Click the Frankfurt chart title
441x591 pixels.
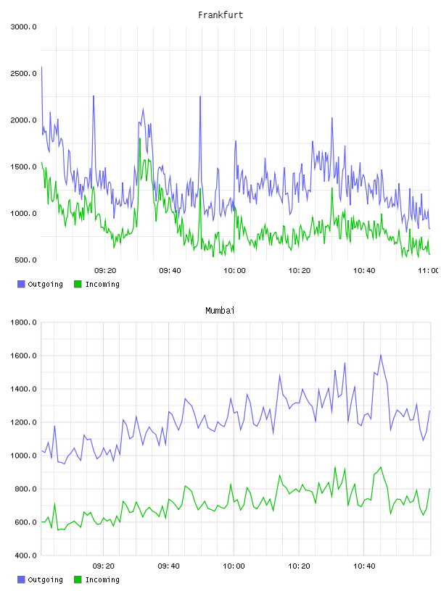point(220,14)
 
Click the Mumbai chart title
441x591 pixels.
point(220,310)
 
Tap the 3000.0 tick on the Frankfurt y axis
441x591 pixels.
point(23,27)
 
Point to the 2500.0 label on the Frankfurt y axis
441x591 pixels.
point(23,73)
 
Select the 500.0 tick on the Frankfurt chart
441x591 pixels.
point(25,260)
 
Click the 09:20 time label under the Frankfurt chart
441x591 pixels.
point(105,271)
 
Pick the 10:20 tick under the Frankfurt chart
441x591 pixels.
point(299,271)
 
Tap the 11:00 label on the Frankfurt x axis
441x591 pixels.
point(429,271)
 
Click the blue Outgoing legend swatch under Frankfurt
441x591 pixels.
point(21,284)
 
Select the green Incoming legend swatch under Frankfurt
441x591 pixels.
point(78,284)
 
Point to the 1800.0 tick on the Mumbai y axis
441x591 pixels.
point(23,322)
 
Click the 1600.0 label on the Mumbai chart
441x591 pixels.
point(23,356)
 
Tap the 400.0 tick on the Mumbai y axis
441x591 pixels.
point(25,556)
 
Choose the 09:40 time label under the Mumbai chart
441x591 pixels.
point(168,566)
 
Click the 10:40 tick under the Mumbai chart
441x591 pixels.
point(364,566)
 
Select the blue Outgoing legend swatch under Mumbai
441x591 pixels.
point(21,579)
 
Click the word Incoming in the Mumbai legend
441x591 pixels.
point(102,579)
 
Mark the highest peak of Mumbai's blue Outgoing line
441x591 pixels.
point(381,355)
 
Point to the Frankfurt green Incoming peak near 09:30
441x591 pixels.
point(140,138)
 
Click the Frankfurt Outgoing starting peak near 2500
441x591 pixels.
point(41,67)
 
